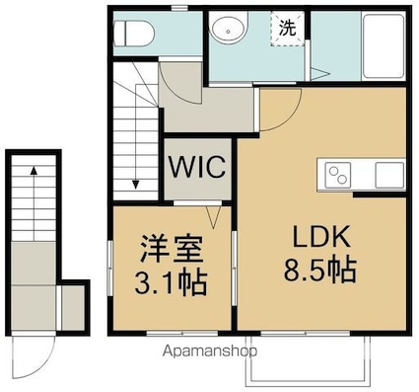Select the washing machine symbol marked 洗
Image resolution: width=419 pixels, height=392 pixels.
coord(285,28)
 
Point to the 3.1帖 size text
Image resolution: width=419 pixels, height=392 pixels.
coord(171,282)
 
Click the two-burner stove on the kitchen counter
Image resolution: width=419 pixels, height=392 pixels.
coord(338,177)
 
